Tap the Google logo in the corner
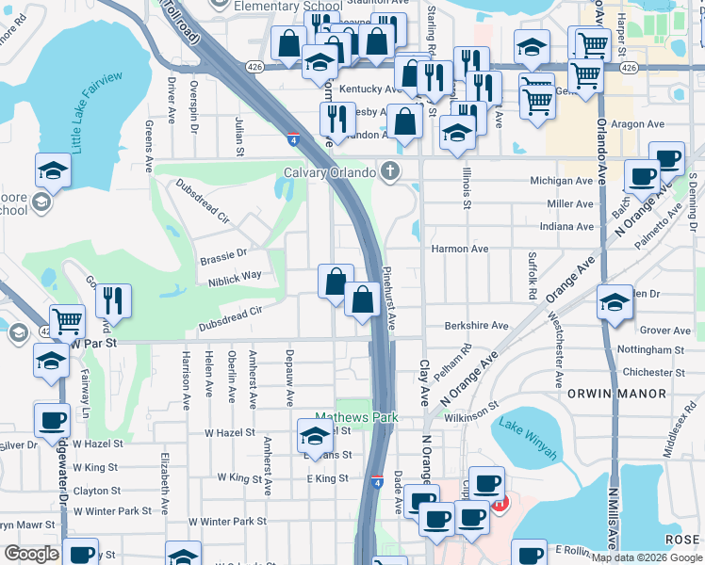point(31,554)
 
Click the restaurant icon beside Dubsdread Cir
point(113,301)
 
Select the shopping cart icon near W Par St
point(67,321)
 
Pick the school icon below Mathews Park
point(315,435)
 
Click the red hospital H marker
point(500,504)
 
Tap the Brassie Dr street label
point(222,253)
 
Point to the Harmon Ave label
point(459,249)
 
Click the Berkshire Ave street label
point(477,326)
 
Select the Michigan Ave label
point(562,180)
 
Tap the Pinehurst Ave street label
point(387,298)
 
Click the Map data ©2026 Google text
point(647,557)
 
